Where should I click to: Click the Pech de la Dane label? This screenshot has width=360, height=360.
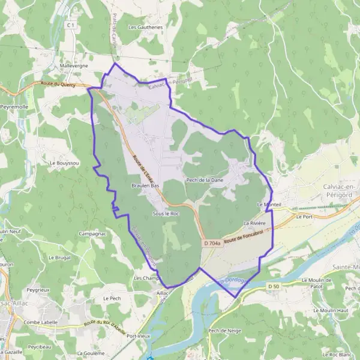[x=205, y=179]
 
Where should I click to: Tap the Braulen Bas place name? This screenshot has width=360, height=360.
[x=145, y=186]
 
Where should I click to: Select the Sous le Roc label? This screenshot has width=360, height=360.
[x=166, y=213]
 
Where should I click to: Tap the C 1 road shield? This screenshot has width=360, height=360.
[x=71, y=25]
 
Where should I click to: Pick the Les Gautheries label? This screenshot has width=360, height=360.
[x=145, y=27]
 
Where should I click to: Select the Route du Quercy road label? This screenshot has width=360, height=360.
[x=59, y=84]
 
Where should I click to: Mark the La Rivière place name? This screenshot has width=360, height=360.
[x=254, y=223]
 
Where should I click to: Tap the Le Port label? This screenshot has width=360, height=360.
[x=304, y=217]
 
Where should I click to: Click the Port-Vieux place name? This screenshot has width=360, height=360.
[x=138, y=335]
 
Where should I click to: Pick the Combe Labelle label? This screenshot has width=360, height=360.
[x=41, y=322]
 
